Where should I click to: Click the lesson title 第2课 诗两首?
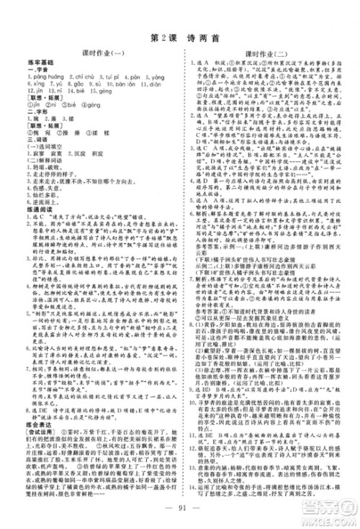click(x=179, y=37)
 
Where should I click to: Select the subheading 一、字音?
click(x=36, y=74)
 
